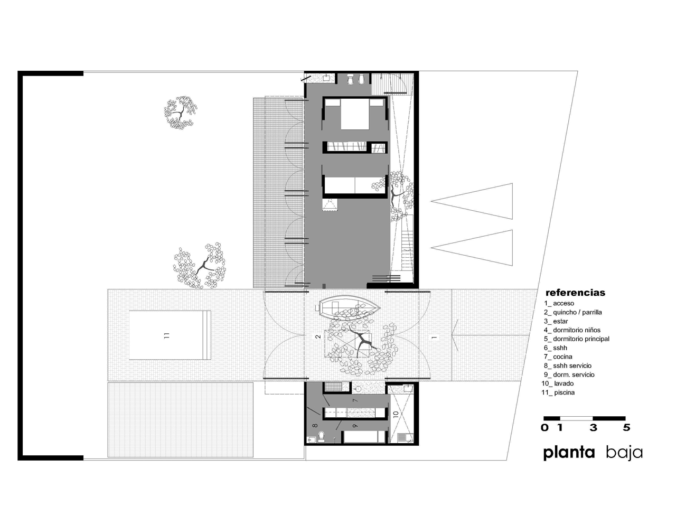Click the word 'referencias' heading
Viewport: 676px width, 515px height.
(575, 292)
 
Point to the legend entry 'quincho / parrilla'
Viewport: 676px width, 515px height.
(573, 312)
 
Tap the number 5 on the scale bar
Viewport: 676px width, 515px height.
(626, 428)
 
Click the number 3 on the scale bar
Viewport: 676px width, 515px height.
(594, 428)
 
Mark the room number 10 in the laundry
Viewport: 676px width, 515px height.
(396, 415)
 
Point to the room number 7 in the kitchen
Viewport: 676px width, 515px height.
(355, 401)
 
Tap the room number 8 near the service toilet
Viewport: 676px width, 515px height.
(315, 425)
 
